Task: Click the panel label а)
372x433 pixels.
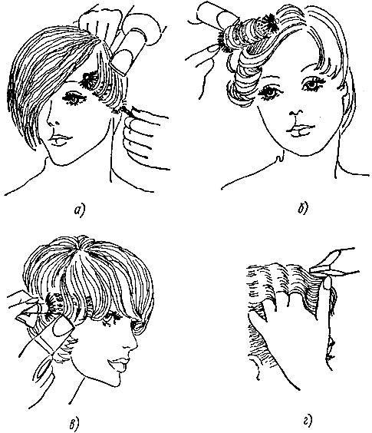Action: [x=80, y=211]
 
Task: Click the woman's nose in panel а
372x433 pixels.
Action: [x=52, y=119]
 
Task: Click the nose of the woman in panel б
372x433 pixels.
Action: [x=296, y=112]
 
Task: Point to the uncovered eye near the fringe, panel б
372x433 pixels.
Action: [x=312, y=84]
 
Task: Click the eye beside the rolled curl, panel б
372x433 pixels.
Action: [x=269, y=92]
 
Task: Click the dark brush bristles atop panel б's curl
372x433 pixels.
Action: [x=268, y=21]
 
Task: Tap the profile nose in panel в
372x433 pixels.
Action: [x=132, y=343]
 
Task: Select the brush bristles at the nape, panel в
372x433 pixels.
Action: [x=54, y=306]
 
